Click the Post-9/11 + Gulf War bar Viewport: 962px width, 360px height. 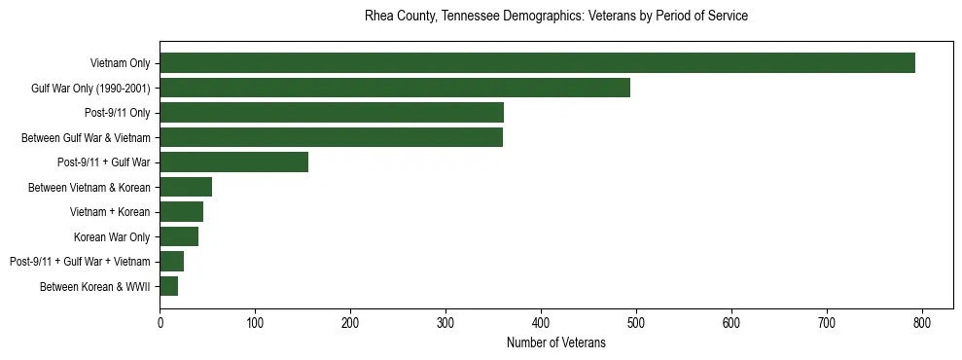click(x=233, y=162)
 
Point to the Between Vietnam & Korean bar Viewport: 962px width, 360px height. click(x=186, y=187)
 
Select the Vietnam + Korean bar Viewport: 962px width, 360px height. click(x=181, y=212)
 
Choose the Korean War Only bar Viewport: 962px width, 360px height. click(x=179, y=236)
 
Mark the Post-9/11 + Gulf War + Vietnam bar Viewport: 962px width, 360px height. click(x=172, y=261)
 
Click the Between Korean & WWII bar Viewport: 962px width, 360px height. click(x=169, y=286)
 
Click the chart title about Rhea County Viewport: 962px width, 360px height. click(x=555, y=17)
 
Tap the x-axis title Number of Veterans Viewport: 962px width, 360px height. click(x=555, y=342)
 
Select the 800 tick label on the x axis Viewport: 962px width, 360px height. click(x=922, y=322)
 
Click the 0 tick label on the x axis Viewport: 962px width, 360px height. click(x=160, y=322)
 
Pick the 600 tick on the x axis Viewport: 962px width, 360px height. click(x=731, y=322)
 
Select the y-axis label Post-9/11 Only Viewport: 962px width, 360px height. click(x=117, y=113)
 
